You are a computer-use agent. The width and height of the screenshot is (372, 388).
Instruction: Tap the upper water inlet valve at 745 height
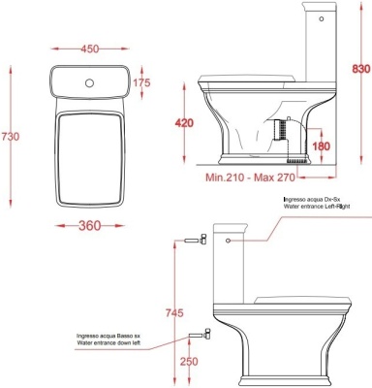(195, 240)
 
